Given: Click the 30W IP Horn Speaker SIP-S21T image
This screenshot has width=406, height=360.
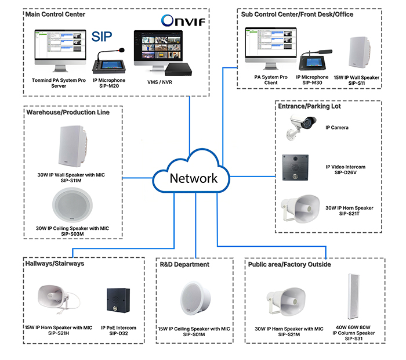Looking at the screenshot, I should pyautogui.click(x=299, y=208).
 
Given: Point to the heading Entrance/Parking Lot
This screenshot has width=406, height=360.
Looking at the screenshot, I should pyautogui.click(x=309, y=106).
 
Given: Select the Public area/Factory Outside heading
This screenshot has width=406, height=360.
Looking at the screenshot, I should pyautogui.click(x=289, y=264).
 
